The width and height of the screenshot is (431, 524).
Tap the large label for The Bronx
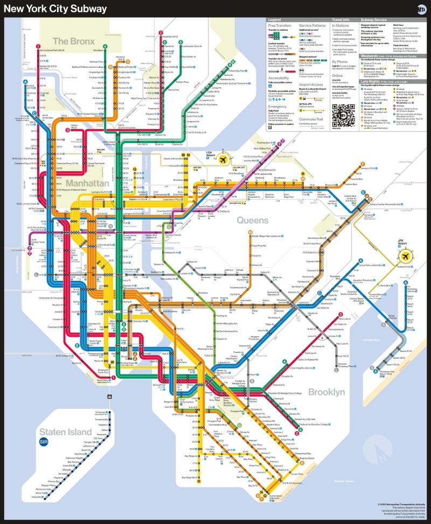(74, 41)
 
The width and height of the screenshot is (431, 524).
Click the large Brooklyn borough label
(326, 392)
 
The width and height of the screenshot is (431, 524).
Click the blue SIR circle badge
(45, 442)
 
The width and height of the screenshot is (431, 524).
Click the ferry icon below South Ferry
(110, 396)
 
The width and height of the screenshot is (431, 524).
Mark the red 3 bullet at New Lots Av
(340, 314)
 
